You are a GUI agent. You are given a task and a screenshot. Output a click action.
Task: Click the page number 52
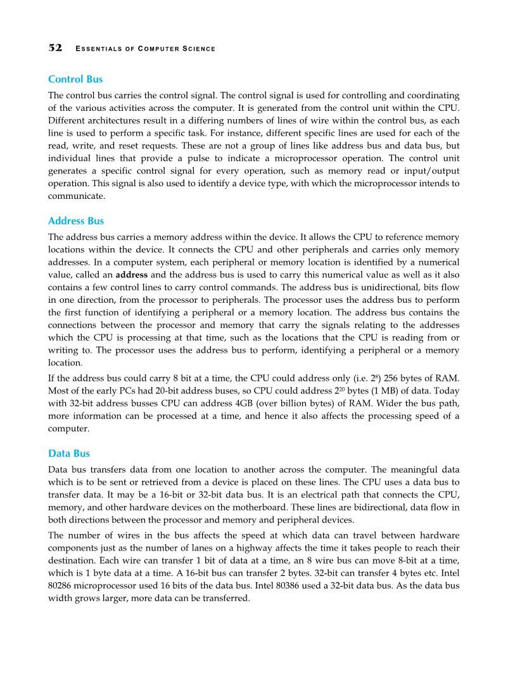click(55, 48)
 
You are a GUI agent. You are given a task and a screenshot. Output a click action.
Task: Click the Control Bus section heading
click(75, 80)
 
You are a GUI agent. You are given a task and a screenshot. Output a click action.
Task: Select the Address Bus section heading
click(76, 221)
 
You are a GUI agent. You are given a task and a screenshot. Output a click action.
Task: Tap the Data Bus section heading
click(69, 454)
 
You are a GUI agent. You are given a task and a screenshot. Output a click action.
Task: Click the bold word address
click(131, 276)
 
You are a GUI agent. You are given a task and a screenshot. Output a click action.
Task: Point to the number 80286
click(61, 586)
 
